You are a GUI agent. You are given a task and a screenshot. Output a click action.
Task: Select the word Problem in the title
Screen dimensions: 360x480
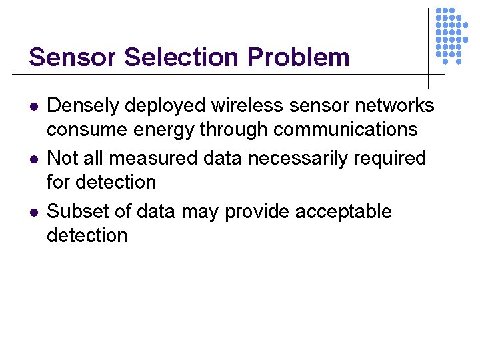[x=298, y=57]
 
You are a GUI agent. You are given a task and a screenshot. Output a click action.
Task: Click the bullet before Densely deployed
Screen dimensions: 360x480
[x=33, y=106]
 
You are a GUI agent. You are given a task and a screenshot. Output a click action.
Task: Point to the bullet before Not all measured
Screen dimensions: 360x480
[x=33, y=159]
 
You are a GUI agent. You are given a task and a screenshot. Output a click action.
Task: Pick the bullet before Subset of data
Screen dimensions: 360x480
[x=33, y=213]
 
